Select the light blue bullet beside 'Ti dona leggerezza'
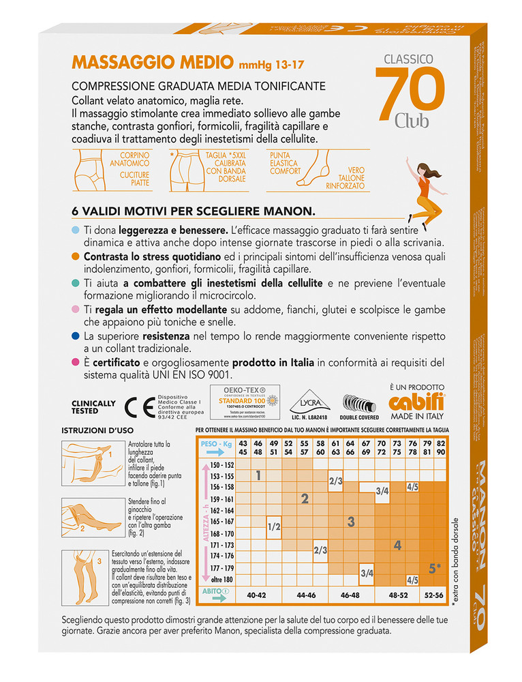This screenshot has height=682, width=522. point(74,232)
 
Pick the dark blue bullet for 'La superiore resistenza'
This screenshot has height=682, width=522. point(74,337)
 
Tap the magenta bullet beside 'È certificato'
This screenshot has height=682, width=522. point(74,362)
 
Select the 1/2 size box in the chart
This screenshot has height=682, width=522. point(275,526)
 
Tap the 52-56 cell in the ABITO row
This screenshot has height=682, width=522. point(435,594)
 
